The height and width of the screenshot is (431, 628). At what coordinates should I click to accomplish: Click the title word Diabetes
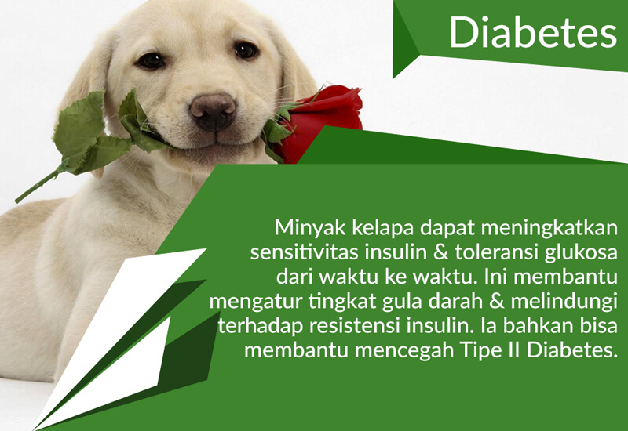click(533, 32)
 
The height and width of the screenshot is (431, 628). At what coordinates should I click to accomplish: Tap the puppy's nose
click(213, 111)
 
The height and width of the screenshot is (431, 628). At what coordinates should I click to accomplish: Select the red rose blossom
click(320, 120)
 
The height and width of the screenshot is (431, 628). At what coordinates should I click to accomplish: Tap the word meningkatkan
click(549, 228)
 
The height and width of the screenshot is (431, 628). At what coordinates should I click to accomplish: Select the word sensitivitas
click(301, 252)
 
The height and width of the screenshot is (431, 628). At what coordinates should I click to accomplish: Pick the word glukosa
click(581, 252)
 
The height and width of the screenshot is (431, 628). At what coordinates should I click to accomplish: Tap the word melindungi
click(564, 302)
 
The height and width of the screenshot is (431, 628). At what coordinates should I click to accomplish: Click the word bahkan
click(538, 325)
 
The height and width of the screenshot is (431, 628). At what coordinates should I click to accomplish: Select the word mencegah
click(404, 351)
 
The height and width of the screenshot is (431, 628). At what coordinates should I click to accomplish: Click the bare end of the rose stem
click(16, 201)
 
